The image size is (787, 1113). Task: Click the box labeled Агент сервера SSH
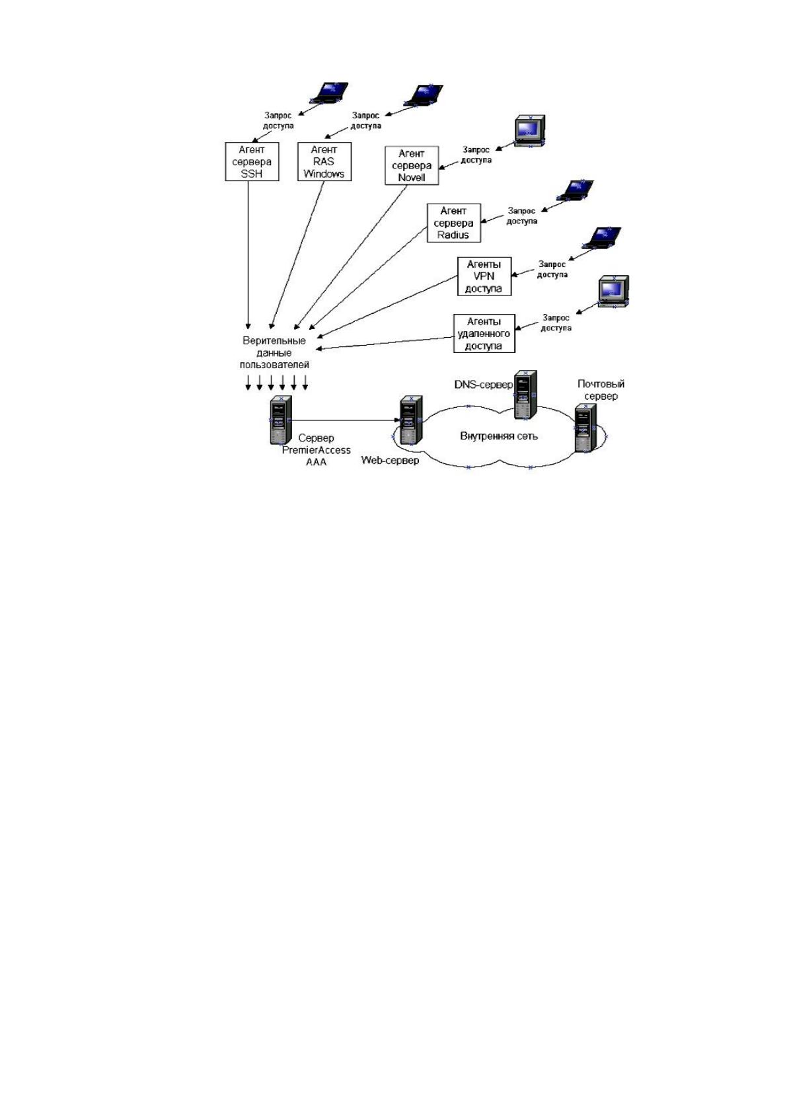(252, 161)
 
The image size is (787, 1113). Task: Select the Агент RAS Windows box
(324, 161)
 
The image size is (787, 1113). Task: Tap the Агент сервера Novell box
(412, 165)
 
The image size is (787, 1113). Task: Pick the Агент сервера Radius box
(454, 223)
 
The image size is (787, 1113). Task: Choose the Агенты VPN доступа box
(484, 276)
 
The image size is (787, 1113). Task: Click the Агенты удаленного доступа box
(484, 333)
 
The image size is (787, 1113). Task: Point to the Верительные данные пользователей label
(274, 352)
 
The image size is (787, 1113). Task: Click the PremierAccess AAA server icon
(281, 420)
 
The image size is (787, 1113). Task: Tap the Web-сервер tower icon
(412, 420)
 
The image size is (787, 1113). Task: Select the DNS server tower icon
(525, 395)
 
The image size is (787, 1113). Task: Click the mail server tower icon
(585, 428)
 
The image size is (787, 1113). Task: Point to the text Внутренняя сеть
(499, 436)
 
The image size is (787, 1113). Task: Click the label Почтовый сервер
(601, 390)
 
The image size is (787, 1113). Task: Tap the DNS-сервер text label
(484, 385)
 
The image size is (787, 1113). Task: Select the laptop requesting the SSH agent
(329, 93)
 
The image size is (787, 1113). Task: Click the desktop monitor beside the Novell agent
(530, 131)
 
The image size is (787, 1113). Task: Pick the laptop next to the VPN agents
(602, 237)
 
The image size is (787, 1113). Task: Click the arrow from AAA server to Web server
(346, 420)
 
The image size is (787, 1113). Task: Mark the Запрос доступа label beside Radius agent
(521, 216)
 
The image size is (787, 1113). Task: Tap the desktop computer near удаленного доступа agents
(613, 291)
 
